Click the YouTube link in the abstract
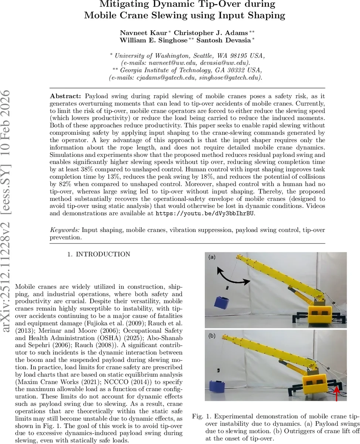[205, 213]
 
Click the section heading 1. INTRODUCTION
[98, 254]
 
